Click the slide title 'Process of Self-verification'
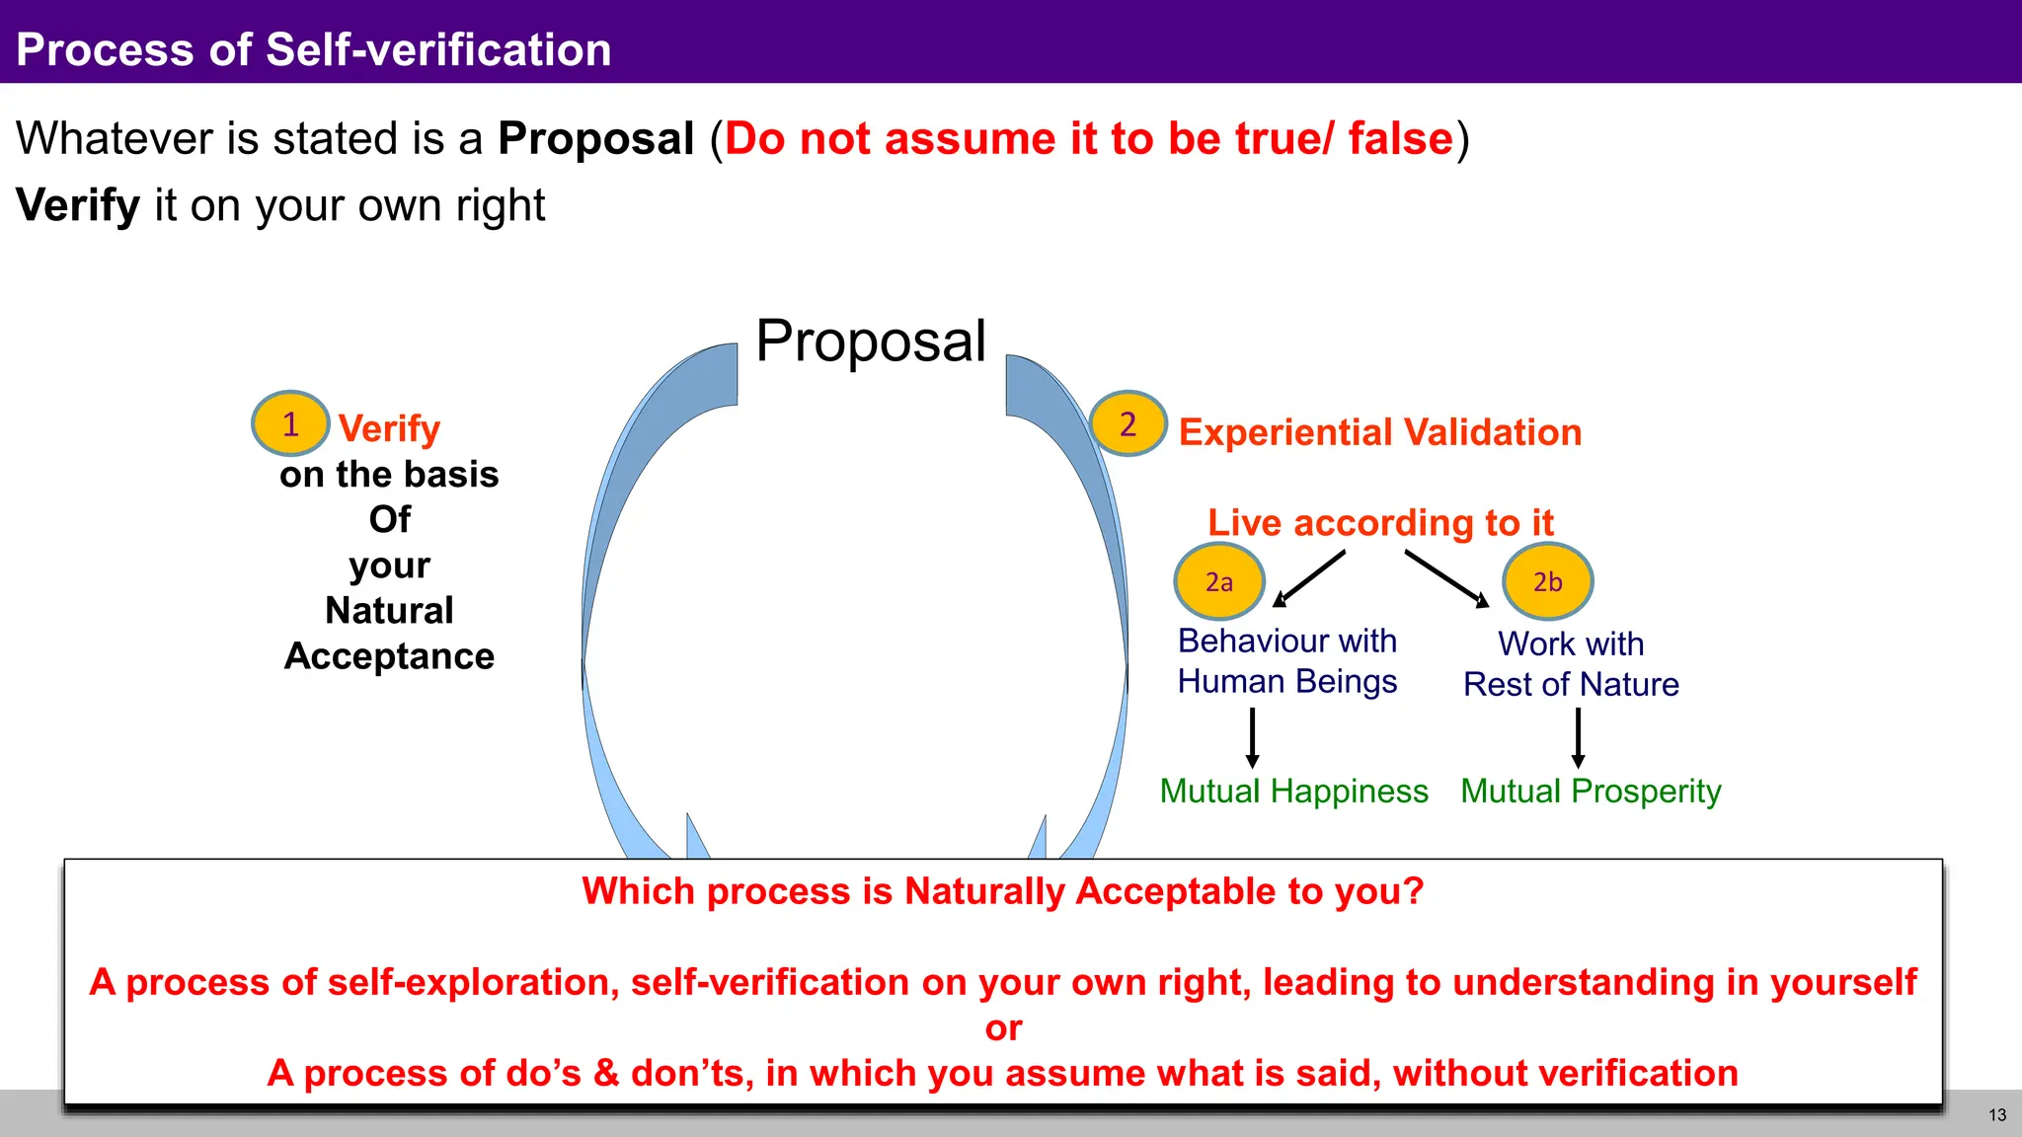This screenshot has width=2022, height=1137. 314,49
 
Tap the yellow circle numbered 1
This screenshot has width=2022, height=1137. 290,423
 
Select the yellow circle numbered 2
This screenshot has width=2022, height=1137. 1128,423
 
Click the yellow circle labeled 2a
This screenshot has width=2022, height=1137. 1219,581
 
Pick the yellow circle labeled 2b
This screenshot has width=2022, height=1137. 1547,581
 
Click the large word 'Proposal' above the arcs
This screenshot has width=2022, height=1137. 871,341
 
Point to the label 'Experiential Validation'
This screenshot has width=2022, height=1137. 1380,432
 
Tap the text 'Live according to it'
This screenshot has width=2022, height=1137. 1380,522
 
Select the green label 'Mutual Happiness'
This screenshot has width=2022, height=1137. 1293,791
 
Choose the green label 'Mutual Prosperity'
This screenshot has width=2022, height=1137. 1591,791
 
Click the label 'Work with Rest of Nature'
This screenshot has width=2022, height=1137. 1571,663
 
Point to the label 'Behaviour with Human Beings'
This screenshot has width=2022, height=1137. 1287,660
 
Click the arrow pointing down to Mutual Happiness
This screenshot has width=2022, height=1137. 1252,738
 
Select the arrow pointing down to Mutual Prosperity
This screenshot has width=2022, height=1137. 1578,738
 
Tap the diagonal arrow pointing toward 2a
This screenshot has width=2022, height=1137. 1309,578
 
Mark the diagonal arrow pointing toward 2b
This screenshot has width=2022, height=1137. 1446,578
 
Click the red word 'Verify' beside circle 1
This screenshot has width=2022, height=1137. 389,428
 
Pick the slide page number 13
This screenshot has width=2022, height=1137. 1997,1115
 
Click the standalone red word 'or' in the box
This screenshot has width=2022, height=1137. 1003,1027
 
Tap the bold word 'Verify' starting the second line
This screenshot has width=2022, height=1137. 78,205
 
